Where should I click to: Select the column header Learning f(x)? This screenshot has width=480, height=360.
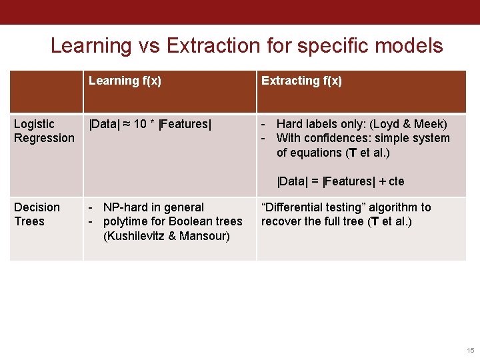click(125, 81)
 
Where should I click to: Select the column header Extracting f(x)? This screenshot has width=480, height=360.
click(301, 81)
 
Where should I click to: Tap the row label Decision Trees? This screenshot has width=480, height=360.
click(37, 214)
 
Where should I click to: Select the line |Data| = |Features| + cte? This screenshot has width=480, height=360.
click(341, 181)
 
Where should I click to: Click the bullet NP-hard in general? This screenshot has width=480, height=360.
click(153, 207)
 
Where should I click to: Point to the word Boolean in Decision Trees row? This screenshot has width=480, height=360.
click(182, 221)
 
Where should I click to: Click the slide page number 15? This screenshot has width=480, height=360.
click(471, 350)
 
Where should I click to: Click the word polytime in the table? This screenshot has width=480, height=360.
click(125, 221)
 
